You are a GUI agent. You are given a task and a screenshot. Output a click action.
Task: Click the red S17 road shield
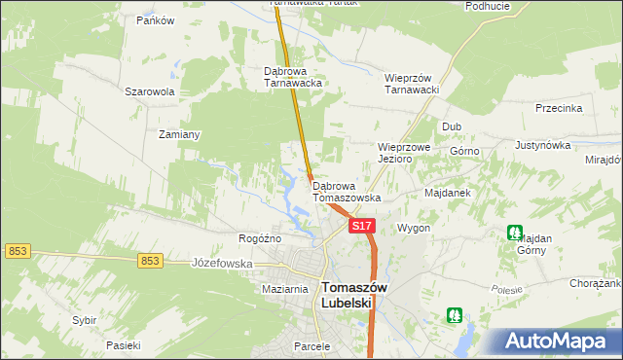click(361, 226)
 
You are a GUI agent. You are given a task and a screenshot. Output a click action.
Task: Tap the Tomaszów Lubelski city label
click(354, 295)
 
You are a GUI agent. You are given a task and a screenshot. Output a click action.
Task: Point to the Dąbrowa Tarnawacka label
click(293, 77)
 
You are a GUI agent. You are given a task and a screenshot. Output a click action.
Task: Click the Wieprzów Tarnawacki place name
click(414, 84)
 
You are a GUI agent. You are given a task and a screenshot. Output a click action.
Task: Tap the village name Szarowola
click(149, 91)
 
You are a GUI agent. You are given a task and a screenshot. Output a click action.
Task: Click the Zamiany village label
click(179, 134)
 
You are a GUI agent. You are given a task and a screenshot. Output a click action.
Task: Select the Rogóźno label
click(260, 238)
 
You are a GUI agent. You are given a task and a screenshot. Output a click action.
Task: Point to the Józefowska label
click(222, 263)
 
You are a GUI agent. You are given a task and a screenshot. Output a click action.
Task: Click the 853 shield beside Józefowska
click(149, 261)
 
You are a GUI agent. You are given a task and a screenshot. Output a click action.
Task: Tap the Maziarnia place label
click(285, 290)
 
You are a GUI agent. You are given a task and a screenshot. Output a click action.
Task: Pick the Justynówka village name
click(542, 145)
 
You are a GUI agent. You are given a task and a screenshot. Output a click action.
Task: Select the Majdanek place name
click(448, 193)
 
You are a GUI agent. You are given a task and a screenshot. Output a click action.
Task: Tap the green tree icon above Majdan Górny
click(514, 233)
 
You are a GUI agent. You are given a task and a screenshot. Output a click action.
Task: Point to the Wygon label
click(414, 228)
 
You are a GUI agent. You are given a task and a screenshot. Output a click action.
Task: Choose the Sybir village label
click(85, 319)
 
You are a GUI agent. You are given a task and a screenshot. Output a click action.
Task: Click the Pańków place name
click(155, 20)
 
